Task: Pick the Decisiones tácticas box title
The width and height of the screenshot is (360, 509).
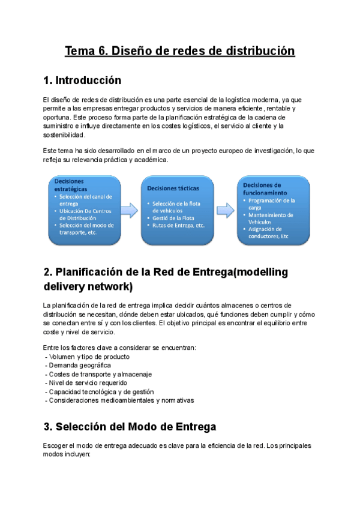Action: pos(173,188)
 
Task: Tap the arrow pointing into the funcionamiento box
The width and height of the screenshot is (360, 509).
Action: pos(226,209)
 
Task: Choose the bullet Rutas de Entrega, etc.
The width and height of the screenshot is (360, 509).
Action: pos(179,225)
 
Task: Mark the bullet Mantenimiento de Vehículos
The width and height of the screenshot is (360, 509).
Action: pos(272,218)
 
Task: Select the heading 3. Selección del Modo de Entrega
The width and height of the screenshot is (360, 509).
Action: pos(130,427)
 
